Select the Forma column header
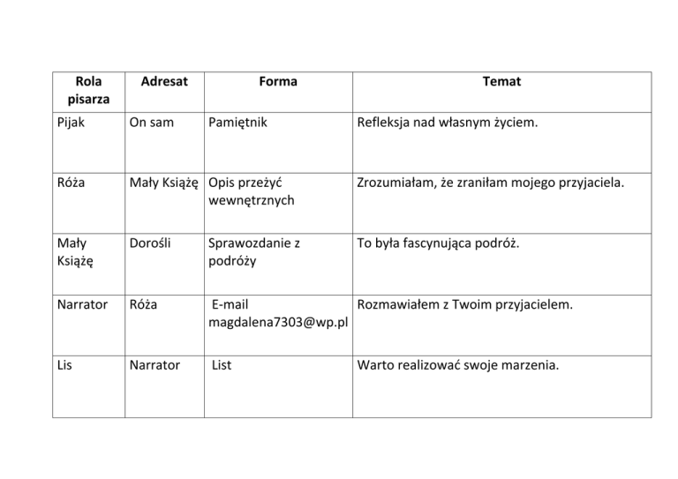pyautogui.click(x=278, y=82)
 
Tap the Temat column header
pyautogui.click(x=501, y=82)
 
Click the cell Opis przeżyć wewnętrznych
pyautogui.click(x=252, y=191)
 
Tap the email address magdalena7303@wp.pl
pyautogui.click(x=278, y=323)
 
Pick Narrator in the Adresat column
pyautogui.click(x=154, y=365)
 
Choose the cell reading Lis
pyautogui.click(x=62, y=365)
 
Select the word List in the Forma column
pyautogui.click(x=223, y=365)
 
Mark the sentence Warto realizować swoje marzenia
pyautogui.click(x=456, y=365)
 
